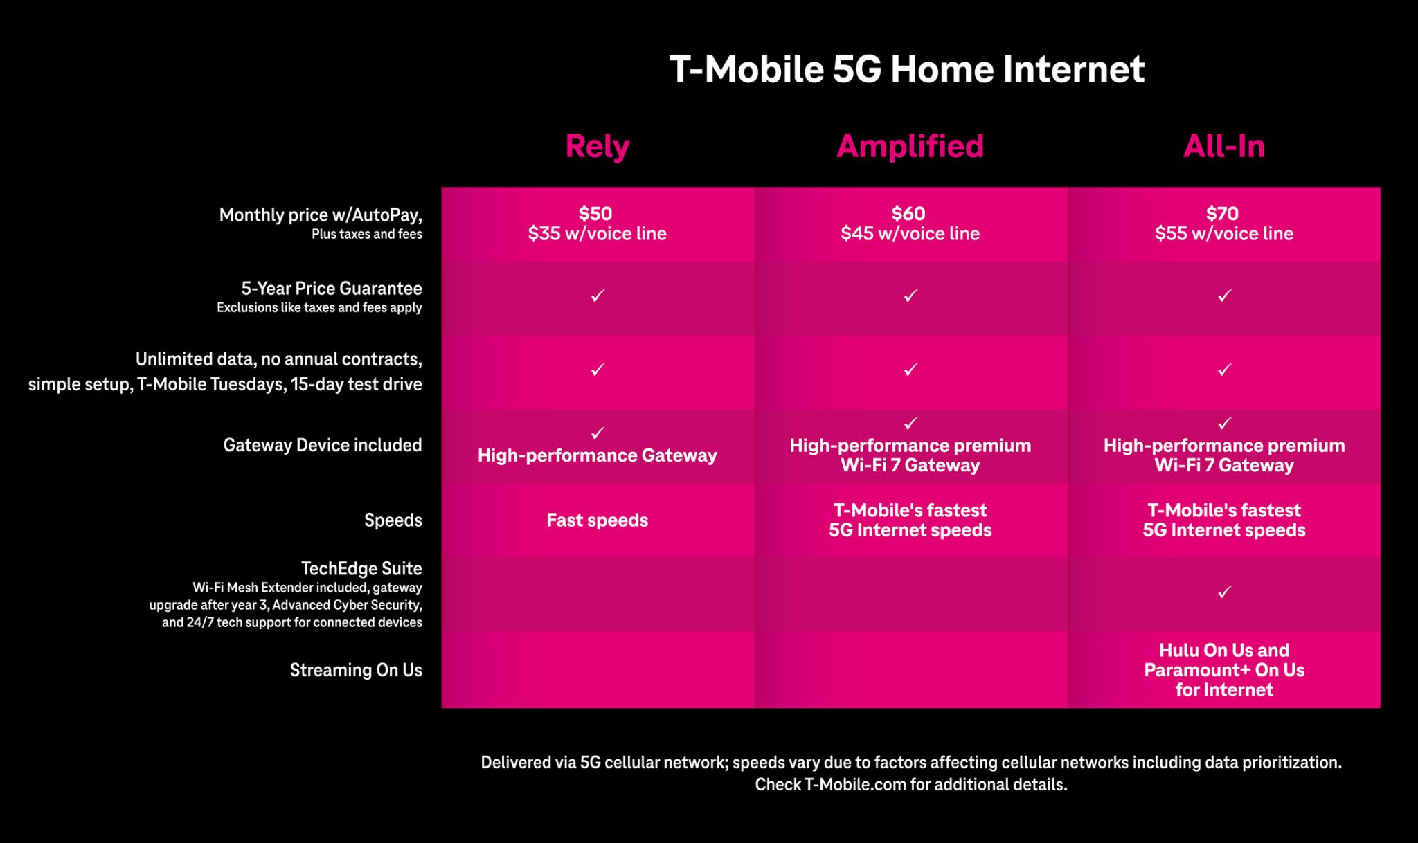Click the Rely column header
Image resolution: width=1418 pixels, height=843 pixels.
[x=597, y=146]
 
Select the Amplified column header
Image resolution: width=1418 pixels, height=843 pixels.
[x=910, y=146]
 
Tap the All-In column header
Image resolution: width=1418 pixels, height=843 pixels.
[x=1223, y=146]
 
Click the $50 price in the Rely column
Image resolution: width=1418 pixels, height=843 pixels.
[x=595, y=213]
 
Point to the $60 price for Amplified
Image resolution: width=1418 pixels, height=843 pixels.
[x=908, y=213]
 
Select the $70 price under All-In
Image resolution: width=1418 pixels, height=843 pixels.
[x=1222, y=213]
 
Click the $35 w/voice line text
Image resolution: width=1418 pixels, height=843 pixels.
[x=597, y=234]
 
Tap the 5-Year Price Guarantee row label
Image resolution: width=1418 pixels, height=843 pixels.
[x=332, y=289]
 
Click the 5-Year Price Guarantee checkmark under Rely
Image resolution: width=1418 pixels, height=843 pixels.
[x=598, y=296]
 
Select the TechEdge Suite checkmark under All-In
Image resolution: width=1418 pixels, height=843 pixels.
[x=1224, y=592]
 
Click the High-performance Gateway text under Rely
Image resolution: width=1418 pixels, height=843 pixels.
[x=597, y=455]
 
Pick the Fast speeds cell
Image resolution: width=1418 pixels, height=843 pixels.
[x=598, y=520]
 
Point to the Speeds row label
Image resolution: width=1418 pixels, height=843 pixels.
[x=393, y=520]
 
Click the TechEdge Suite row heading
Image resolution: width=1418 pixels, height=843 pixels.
[x=361, y=568]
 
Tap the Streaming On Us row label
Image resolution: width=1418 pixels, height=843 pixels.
[x=356, y=670]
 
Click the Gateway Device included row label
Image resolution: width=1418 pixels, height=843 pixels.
[x=322, y=445]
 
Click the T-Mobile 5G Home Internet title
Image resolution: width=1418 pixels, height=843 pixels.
[x=907, y=69]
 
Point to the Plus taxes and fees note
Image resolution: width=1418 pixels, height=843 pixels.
[x=367, y=235]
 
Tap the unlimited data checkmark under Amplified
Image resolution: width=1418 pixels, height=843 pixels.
[x=910, y=370]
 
